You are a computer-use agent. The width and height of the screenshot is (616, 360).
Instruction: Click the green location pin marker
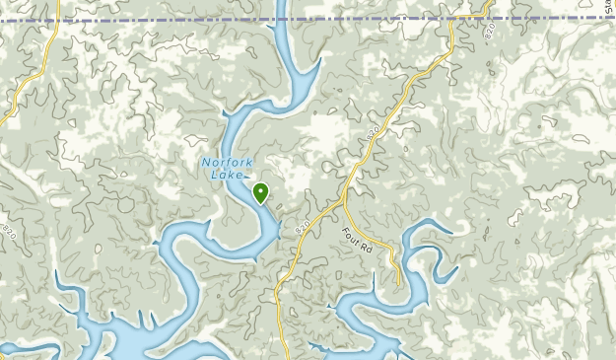pos(261,192)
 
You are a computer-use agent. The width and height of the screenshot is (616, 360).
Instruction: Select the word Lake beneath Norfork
pos(226,176)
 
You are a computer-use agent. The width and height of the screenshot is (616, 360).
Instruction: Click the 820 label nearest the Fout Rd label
pos(303,228)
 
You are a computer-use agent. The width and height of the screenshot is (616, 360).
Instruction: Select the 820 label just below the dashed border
pos(490,32)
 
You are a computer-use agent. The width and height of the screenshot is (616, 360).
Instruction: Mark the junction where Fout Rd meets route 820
pos(342,201)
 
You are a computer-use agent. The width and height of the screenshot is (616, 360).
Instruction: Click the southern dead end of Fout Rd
pos(396,280)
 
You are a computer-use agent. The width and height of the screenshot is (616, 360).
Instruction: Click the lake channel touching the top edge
pos(280,10)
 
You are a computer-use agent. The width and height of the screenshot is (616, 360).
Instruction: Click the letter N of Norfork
pos(206,163)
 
